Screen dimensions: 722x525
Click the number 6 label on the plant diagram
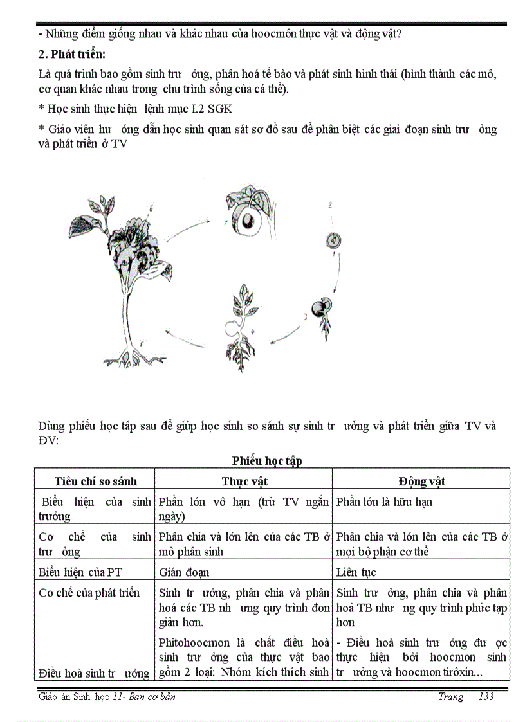tap(151, 208)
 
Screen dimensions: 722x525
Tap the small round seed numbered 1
tap(333, 241)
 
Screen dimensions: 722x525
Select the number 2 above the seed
tap(329, 206)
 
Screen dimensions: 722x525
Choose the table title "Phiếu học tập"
tap(267, 460)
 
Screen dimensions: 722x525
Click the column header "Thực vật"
tap(244, 481)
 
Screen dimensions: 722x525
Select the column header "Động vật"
tap(421, 481)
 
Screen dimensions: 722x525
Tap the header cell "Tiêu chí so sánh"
tap(96, 481)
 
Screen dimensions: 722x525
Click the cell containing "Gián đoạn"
tap(183, 572)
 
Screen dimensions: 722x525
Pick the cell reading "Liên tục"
tap(356, 572)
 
